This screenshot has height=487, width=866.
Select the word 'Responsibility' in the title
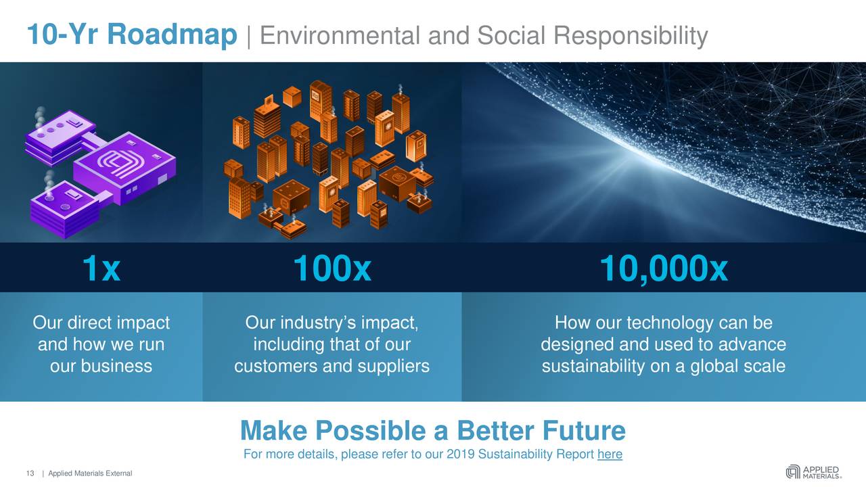(x=631, y=35)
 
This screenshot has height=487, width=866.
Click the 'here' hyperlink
(x=610, y=455)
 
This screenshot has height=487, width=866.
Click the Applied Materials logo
(x=813, y=471)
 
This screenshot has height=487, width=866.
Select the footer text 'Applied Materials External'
(x=90, y=473)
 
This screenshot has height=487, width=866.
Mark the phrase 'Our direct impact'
(x=101, y=323)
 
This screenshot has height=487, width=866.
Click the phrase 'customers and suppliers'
(x=332, y=366)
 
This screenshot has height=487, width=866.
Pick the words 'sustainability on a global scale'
(x=663, y=366)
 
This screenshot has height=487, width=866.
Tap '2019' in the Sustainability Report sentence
(x=461, y=455)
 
